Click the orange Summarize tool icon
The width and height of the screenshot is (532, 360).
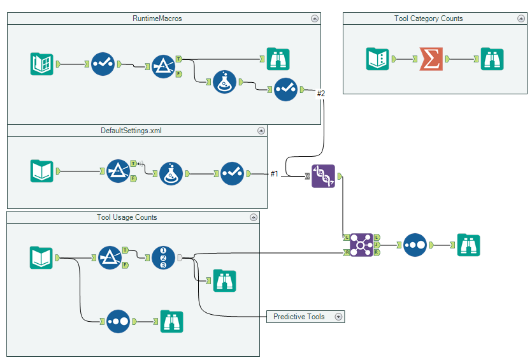point(431,59)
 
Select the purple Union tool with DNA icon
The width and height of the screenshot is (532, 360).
point(323,176)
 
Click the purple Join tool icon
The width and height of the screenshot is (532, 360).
point(361,245)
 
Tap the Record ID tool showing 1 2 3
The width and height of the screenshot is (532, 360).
point(163,257)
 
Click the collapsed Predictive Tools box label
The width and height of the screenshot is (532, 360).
point(299,317)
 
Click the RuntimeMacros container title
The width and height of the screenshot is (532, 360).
point(157,18)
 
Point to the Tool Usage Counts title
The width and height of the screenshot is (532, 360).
point(127,217)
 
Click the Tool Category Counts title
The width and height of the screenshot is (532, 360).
point(428,18)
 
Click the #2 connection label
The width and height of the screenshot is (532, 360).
point(321,94)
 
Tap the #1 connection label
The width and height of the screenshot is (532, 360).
point(274,173)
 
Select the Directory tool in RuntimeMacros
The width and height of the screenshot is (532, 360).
point(42,64)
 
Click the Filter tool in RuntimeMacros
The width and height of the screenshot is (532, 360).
point(163,64)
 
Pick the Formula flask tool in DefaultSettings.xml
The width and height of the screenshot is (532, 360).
point(170,173)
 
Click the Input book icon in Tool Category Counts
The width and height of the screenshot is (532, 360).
point(377,59)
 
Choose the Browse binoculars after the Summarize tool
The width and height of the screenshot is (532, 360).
point(492,59)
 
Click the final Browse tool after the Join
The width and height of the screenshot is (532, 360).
point(468,245)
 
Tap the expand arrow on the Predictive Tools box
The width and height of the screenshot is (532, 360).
point(338,317)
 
